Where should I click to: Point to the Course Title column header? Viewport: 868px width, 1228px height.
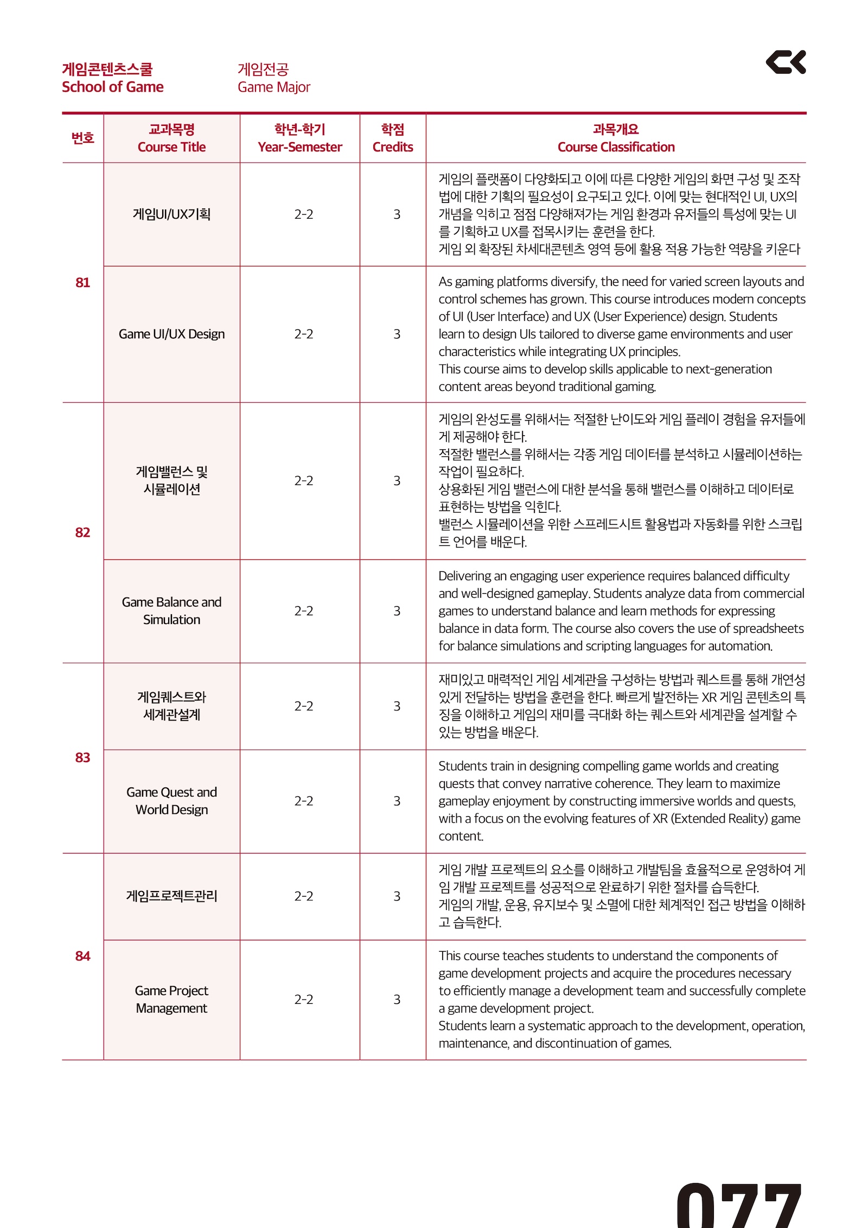pos(171,138)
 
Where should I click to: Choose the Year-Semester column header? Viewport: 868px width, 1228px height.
pos(299,138)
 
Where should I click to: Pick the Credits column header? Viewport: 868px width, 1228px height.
pos(392,138)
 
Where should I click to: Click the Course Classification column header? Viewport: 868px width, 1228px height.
pos(616,138)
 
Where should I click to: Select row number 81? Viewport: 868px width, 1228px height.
pos(82,282)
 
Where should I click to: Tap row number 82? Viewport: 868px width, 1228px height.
pos(82,532)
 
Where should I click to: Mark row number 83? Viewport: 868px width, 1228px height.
pos(82,758)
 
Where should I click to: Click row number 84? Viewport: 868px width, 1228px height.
pos(82,956)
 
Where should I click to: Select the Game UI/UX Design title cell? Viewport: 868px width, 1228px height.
pos(171,334)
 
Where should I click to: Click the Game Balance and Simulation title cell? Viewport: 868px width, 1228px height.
pos(171,610)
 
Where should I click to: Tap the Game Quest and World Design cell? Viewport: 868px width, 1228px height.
pos(171,800)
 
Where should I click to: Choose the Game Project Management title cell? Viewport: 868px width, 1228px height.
pos(171,999)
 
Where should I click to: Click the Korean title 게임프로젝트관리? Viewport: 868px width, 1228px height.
pos(171,895)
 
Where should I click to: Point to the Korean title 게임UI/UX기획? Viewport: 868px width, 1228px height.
pos(171,214)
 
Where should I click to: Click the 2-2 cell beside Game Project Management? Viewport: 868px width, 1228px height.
pos(304,999)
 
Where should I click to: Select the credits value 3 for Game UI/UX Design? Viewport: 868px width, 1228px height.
pos(397,334)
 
